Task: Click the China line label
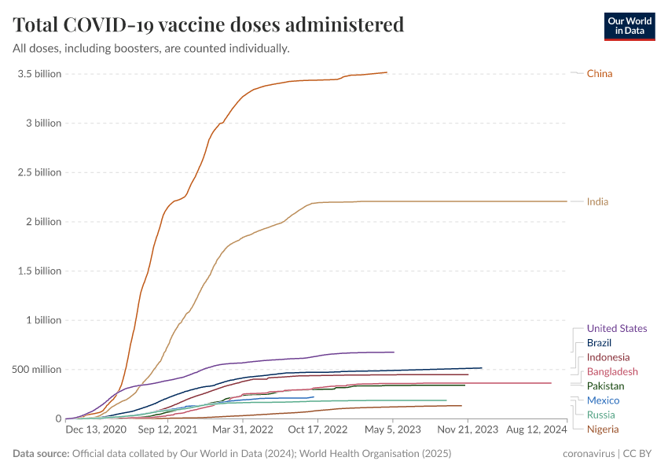click(x=599, y=74)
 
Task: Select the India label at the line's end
click(x=597, y=202)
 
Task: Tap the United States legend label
click(x=617, y=329)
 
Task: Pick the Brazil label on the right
click(x=599, y=343)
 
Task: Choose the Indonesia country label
click(x=607, y=358)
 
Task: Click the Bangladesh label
click(x=612, y=372)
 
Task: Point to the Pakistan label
click(x=605, y=386)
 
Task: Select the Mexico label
click(x=603, y=401)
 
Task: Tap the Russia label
click(x=600, y=415)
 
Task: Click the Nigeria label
click(x=603, y=430)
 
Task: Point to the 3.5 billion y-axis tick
click(x=39, y=74)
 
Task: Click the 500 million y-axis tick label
click(x=35, y=370)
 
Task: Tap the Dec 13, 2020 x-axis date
click(x=96, y=430)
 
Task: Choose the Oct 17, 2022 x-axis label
click(x=318, y=430)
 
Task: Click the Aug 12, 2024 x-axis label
click(x=536, y=430)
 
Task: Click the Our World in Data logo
click(x=629, y=25)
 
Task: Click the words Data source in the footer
click(x=40, y=454)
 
